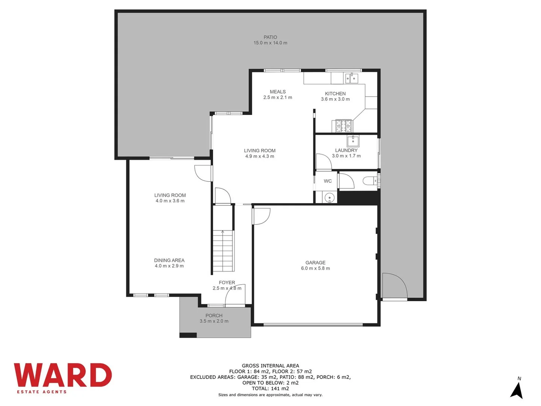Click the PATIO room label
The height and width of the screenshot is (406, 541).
click(270, 37)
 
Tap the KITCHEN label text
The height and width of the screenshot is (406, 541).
click(335, 94)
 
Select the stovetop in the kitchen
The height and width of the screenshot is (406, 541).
click(343, 126)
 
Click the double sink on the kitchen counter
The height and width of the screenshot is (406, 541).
click(352, 78)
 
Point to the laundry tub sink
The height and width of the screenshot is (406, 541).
click(353, 141)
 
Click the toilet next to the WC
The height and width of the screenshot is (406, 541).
click(370, 181)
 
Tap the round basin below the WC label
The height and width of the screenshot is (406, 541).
click(329, 197)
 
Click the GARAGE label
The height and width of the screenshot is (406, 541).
click(315, 263)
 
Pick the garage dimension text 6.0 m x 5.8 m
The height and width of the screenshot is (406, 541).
click(315, 268)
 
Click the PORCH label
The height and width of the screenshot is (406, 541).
click(214, 316)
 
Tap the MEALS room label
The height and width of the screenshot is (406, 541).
click(278, 92)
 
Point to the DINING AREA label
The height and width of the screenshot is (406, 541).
click(169, 261)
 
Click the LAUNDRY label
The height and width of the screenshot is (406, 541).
click(346, 150)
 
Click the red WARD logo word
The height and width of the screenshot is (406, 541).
click(63, 375)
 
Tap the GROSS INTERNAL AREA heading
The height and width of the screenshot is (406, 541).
click(270, 366)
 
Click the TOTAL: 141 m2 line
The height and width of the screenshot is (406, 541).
click(270, 388)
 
